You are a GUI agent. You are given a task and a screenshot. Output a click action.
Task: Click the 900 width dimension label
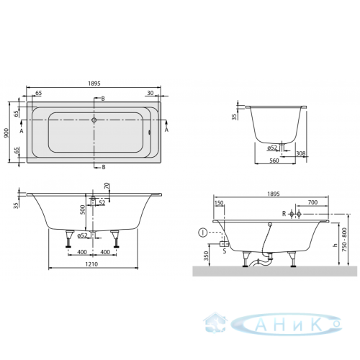coord(6,132)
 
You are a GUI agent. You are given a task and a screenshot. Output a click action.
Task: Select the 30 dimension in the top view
coord(150,93)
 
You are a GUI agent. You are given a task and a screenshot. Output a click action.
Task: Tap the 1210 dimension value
coord(91,264)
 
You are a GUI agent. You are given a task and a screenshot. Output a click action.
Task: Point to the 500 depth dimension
coord(83,210)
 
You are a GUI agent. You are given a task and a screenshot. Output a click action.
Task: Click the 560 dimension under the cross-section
coord(274,161)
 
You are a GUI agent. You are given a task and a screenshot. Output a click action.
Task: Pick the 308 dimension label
coord(301,153)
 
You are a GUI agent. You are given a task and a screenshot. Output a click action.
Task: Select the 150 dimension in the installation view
coord(219,203)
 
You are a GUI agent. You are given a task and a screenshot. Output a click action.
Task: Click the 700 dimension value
coord(312,202)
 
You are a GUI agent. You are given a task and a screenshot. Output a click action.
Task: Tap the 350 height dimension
coord(206,256)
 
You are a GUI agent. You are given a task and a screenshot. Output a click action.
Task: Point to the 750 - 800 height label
coord(344,240)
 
